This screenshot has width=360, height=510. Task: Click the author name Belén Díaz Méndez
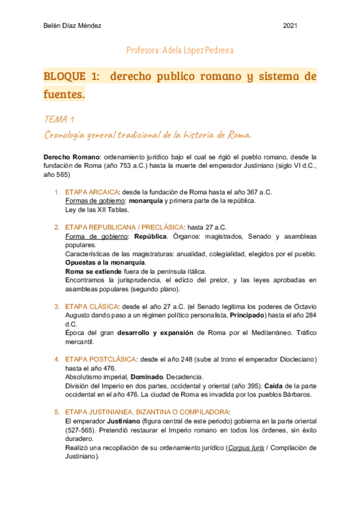pyautogui.click(x=72, y=26)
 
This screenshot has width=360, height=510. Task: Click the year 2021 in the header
pyautogui.click(x=290, y=26)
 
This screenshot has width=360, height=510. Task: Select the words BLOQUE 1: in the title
pyautogui.click(x=73, y=76)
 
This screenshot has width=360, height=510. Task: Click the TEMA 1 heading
pyautogui.click(x=59, y=118)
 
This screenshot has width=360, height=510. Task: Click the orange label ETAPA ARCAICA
pyautogui.click(x=93, y=192)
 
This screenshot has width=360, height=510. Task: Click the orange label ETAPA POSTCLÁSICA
pyautogui.click(x=100, y=359)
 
